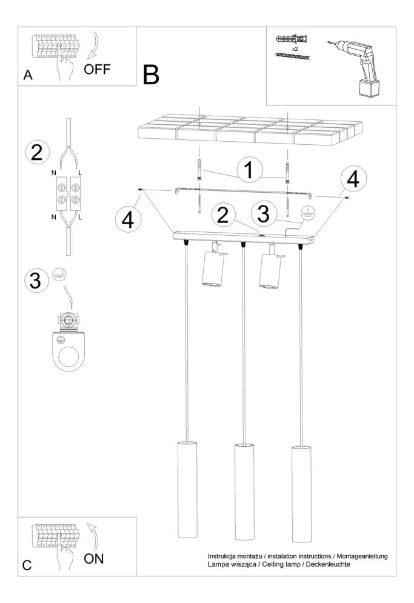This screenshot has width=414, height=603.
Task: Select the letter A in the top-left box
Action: tap(27, 75)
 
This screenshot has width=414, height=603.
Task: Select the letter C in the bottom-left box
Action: tap(27, 565)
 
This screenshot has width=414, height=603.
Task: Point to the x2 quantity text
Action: tap(295, 48)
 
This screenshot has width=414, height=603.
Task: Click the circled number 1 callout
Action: tap(247, 170)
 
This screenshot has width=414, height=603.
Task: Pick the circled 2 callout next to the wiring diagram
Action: tap(37, 152)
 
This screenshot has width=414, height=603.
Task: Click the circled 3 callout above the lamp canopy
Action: tap(262, 213)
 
